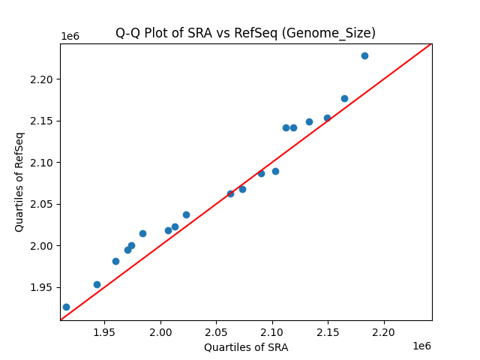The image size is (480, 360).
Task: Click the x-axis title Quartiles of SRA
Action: click(246, 347)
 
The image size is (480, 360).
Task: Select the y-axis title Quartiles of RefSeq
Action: click(19, 181)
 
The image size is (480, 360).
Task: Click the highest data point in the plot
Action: click(364, 55)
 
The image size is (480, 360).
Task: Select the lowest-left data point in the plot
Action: click(66, 307)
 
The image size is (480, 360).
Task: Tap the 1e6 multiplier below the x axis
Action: click(421, 346)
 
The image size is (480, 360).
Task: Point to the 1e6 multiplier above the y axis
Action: click(70, 37)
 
